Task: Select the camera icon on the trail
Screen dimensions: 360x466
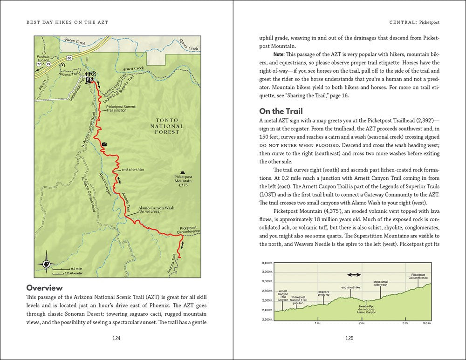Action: pos(104,144)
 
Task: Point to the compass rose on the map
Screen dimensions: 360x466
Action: pos(47,264)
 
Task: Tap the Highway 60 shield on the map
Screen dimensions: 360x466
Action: pos(69,57)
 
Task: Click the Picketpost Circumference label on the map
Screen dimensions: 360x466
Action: pos(189,229)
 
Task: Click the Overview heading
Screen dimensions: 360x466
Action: pos(45,287)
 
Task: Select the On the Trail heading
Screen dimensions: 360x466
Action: pos(281,111)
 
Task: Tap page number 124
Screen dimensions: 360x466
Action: pos(117,339)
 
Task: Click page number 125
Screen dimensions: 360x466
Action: pos(349,339)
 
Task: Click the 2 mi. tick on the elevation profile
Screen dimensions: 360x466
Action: pos(361,323)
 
